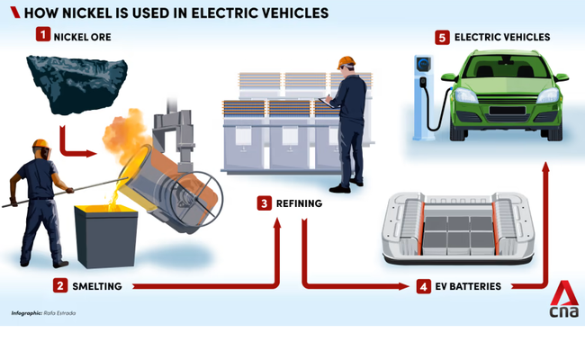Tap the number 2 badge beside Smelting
(60, 285)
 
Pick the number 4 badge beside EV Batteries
(424, 287)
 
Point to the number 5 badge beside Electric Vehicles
(442, 37)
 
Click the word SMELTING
(103, 286)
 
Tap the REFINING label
(301, 204)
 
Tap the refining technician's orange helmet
(345, 63)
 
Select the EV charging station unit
(421, 94)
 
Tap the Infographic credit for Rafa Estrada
(45, 312)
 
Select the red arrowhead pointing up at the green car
(545, 167)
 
